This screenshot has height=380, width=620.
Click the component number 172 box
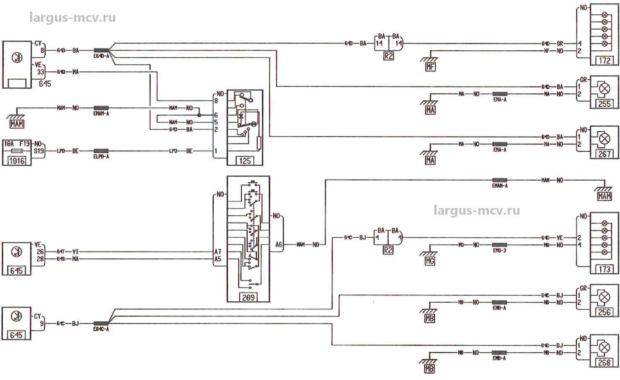coord(604,61)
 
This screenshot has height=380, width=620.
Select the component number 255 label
coord(604,104)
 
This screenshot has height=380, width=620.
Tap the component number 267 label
coord(604,154)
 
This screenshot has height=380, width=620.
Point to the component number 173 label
coord(604,269)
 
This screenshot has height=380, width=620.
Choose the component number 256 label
coord(604,312)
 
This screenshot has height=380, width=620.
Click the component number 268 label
coord(604,362)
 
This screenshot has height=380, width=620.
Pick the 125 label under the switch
coord(245,161)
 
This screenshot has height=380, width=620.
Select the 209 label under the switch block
coord(248,297)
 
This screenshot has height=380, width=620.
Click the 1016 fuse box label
coord(17,160)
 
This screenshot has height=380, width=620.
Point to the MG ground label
coord(430,261)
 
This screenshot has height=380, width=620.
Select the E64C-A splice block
coord(101,324)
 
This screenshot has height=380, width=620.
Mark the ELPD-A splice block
coord(101,151)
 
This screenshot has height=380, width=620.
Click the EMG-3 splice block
coord(499,245)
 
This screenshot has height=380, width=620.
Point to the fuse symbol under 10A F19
coord(17,151)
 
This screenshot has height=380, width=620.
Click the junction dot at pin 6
coord(199,115)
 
